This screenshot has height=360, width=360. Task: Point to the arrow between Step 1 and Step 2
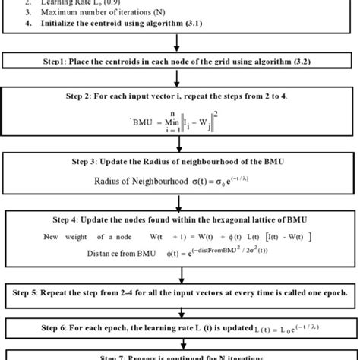click(180, 77)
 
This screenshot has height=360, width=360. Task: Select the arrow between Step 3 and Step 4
click(180, 200)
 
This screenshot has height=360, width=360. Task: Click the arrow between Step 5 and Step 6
click(180, 308)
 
